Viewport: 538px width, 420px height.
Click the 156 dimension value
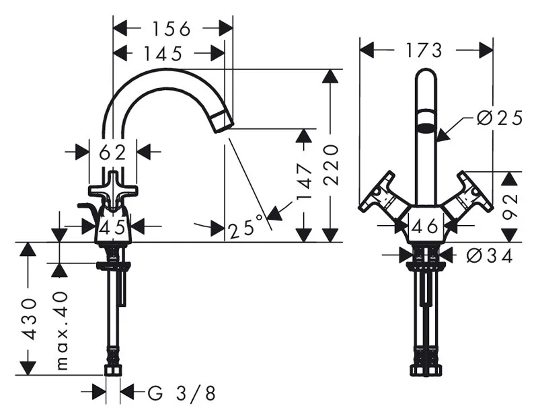coord(171,29)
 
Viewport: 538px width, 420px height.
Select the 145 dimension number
coord(162,54)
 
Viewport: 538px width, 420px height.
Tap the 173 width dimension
coord(424,50)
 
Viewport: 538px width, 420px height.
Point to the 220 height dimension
coord(331,165)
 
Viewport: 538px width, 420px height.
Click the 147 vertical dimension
coord(305,182)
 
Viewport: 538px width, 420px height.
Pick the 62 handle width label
coord(112,153)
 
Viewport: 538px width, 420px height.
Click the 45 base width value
coord(112,226)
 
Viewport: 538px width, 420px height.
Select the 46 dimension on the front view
coord(425,226)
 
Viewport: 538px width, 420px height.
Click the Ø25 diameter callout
coord(500,118)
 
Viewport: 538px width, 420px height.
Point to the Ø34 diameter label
coord(490,255)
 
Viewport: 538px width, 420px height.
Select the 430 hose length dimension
coord(28,319)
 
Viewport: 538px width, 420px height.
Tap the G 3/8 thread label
coord(182,393)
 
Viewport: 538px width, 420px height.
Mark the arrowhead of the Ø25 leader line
coord(442,135)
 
